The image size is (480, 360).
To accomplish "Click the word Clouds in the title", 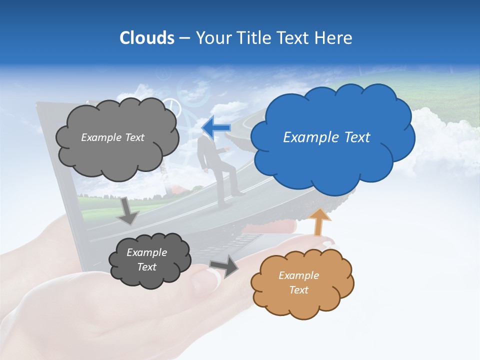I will click(x=146, y=38).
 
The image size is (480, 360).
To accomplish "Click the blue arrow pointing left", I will click(x=216, y=128).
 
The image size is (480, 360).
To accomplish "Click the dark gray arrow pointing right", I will click(x=224, y=266).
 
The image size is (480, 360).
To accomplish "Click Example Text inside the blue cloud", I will click(x=326, y=137).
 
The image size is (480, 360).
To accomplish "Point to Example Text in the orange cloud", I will click(x=298, y=282).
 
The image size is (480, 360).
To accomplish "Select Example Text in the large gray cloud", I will click(x=112, y=137).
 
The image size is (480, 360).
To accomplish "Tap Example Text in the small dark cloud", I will click(x=146, y=259).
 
